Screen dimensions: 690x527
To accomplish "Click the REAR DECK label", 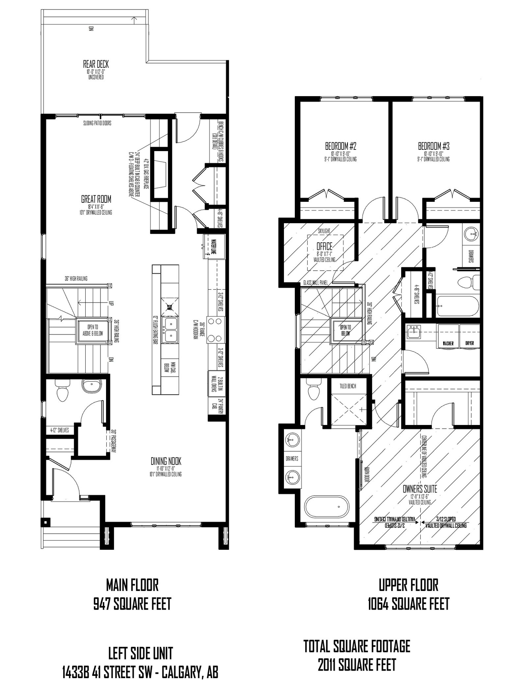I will [x=96, y=64].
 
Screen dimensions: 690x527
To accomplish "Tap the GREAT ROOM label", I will [x=96, y=199].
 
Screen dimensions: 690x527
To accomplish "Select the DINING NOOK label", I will [x=166, y=461].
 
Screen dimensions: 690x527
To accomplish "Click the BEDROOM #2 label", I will [x=341, y=146].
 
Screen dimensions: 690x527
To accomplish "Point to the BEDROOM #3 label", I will [x=434, y=146].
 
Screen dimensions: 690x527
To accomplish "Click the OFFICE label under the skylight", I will [x=324, y=246].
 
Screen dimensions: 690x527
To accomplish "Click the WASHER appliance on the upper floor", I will [x=448, y=336].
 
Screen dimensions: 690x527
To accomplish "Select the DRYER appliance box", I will [x=469, y=336].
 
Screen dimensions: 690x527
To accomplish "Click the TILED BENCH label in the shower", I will [x=347, y=386].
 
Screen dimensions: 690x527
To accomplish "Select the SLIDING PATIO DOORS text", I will [x=97, y=123].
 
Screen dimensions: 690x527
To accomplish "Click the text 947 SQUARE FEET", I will [x=132, y=604].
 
